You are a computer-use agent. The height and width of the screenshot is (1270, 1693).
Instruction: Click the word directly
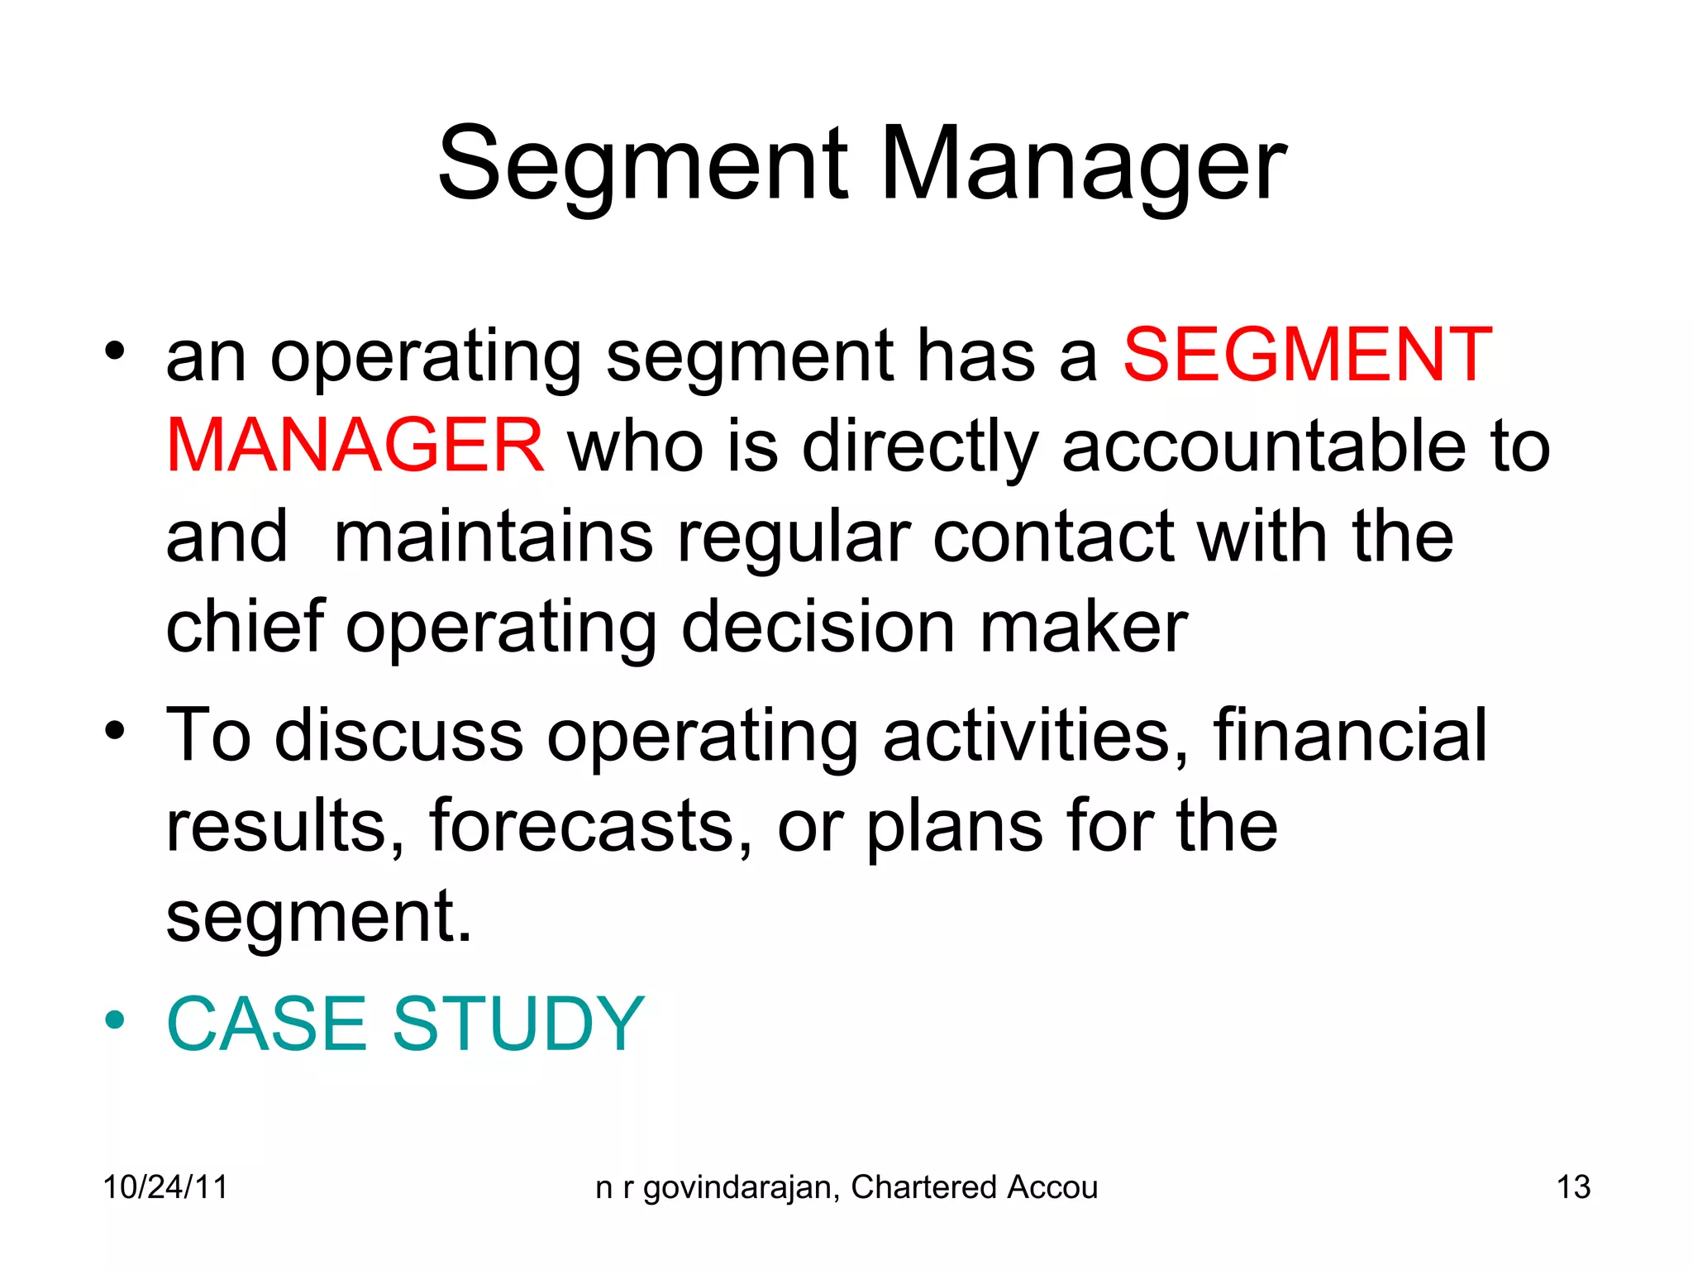coord(919,447)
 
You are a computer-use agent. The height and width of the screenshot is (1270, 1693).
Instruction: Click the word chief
coord(245,626)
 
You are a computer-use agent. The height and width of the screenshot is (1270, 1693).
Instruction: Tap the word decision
coord(818,626)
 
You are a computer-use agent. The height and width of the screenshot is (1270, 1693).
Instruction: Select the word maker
coord(1083,626)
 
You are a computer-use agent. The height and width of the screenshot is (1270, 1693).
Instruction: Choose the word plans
coord(955,827)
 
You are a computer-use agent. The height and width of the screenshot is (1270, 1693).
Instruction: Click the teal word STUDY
coord(518,1024)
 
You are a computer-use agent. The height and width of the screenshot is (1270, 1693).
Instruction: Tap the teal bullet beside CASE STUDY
coord(115,1019)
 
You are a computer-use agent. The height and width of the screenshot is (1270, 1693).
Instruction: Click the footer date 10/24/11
coord(165,1187)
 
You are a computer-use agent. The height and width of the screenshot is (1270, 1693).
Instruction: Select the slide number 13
coord(1573,1187)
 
